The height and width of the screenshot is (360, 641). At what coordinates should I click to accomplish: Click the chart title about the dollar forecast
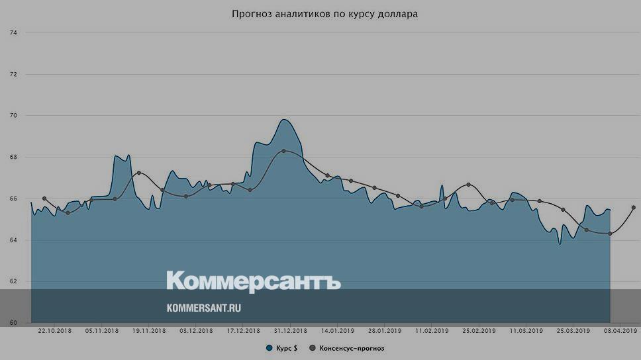pos(324,14)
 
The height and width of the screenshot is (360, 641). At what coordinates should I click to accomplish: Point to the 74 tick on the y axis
pos(13,32)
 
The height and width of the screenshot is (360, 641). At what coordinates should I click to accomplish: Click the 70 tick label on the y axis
pos(13,116)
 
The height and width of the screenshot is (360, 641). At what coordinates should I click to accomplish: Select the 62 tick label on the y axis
pos(13,282)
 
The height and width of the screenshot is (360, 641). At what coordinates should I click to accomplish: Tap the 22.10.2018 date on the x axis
pos(55,330)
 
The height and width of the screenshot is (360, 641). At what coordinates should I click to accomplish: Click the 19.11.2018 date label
pos(149,330)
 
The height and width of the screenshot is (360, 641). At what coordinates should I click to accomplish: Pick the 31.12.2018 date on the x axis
pos(290,330)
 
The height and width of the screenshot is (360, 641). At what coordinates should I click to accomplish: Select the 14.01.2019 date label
pos(338,330)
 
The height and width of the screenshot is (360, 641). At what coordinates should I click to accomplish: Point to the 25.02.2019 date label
pos(479,330)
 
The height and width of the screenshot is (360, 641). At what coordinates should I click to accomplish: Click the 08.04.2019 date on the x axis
pos(620,330)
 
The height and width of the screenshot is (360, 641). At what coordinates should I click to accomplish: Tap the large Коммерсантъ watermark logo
pos(253,281)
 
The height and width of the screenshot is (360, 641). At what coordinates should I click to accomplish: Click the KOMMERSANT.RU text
pos(203,308)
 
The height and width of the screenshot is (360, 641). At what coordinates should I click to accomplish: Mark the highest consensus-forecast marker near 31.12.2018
pos(283,151)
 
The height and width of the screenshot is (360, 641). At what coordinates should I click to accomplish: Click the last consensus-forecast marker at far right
pos(634,207)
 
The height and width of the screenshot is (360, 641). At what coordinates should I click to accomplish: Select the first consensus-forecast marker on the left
pos(44,199)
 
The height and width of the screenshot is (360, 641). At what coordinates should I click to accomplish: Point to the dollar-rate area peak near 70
pos(283,120)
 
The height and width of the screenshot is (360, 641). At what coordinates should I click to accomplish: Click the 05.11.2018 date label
pos(102,330)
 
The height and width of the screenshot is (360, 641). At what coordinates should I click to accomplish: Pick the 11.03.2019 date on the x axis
pos(526,330)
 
